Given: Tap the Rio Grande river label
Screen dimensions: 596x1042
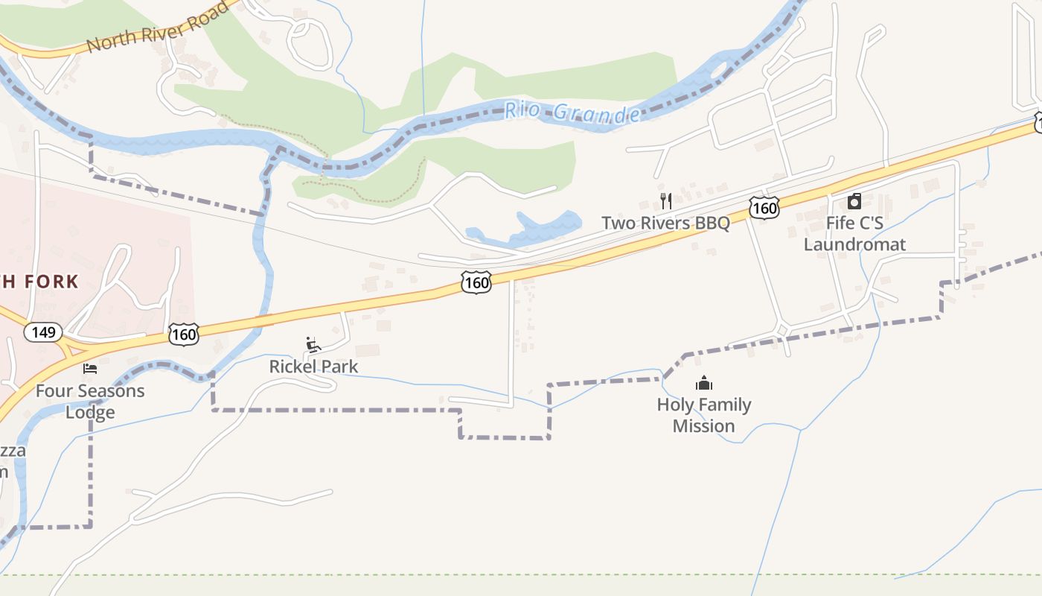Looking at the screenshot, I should (572, 112).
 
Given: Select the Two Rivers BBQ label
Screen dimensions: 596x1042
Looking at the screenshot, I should (665, 223).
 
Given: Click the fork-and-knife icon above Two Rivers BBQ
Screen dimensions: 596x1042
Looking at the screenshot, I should (666, 200).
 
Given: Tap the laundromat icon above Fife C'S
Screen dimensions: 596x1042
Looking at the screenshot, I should (854, 201).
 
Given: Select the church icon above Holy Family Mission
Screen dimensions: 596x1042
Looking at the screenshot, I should (703, 384).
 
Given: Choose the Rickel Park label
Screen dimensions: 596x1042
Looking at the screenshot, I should (313, 367).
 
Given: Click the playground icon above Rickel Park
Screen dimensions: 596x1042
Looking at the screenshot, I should (313, 345).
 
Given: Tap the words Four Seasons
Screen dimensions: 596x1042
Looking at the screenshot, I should (90, 391).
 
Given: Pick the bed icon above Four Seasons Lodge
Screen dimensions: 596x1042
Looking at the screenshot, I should (90, 369).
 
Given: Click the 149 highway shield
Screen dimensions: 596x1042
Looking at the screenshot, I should (43, 332).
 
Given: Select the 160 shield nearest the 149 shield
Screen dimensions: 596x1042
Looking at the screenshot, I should (183, 335).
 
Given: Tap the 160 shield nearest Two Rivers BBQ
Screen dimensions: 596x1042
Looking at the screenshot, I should (764, 209).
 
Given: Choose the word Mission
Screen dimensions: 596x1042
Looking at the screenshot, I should (703, 426).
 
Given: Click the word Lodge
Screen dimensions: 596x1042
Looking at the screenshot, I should (90, 412).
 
